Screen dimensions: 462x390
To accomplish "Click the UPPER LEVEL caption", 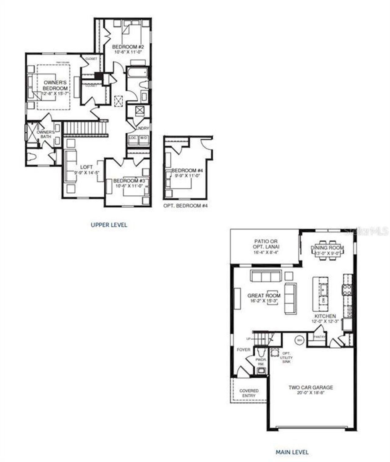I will coord(109,225).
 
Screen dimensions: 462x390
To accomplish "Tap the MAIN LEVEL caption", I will coord(292,452).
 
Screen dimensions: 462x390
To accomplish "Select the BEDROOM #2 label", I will coord(128,47).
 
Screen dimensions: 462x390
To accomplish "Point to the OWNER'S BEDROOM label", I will coord(55,85).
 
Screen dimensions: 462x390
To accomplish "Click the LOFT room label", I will coord(87,167).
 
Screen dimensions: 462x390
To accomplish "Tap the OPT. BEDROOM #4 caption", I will coord(186,206).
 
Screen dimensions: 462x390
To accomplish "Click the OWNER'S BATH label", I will coord(46,134).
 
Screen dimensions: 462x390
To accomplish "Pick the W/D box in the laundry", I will coord(143,138).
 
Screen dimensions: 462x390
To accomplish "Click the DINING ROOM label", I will coord(327,248).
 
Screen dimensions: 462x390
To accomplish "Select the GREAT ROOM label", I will coord(264,295).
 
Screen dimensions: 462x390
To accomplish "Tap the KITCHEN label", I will coord(325,316).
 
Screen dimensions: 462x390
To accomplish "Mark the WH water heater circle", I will coord(299,340).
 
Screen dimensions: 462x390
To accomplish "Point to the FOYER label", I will coord(243,350).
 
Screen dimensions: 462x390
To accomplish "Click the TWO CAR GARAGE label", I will coord(311,388).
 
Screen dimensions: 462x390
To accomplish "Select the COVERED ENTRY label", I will coord(249,393).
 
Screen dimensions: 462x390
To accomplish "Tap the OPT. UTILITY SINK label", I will coord(286,357).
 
